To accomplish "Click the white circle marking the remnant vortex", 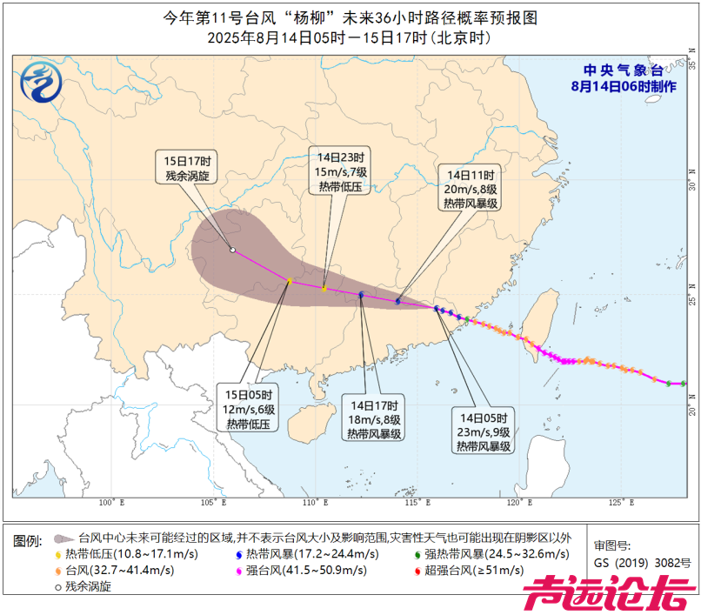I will coord(232,251).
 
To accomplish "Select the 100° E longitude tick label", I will coord(111,503).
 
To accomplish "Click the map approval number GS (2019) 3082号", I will coord(642,563).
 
